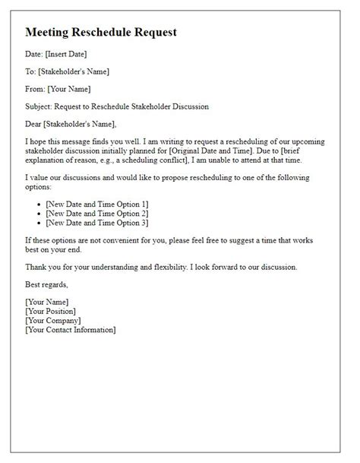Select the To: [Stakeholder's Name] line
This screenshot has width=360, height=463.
[x=68, y=71]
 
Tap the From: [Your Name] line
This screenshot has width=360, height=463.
[x=60, y=88]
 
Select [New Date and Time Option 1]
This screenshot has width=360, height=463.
[x=96, y=205]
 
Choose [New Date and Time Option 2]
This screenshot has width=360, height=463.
[x=96, y=214]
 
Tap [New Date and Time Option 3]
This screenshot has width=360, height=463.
[x=96, y=222]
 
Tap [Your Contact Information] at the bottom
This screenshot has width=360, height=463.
[x=70, y=329]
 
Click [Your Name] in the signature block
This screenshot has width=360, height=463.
[x=49, y=302]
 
